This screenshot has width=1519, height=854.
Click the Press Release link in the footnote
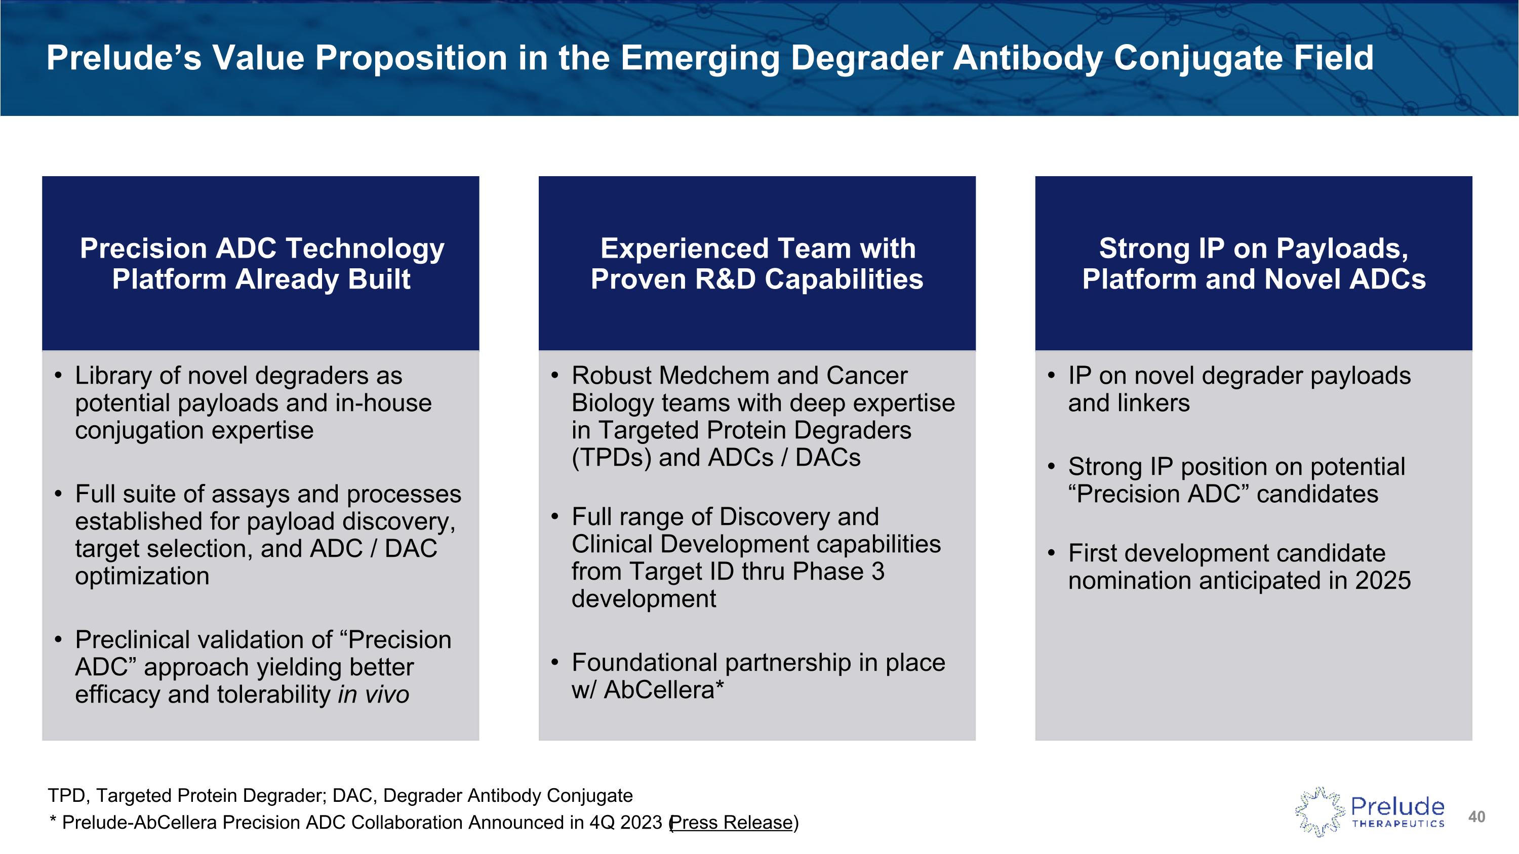pos(731,822)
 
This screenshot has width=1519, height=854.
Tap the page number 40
pos(1476,817)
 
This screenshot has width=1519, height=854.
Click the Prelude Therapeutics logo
pos(1370,812)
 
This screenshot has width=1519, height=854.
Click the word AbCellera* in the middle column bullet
pos(664,689)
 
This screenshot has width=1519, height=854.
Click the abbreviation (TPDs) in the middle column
pos(611,458)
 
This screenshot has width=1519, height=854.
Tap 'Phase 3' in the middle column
pos(838,572)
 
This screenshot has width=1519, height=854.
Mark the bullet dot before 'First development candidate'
pos(1051,553)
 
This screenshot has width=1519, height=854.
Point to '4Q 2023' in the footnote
pos(626,822)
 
